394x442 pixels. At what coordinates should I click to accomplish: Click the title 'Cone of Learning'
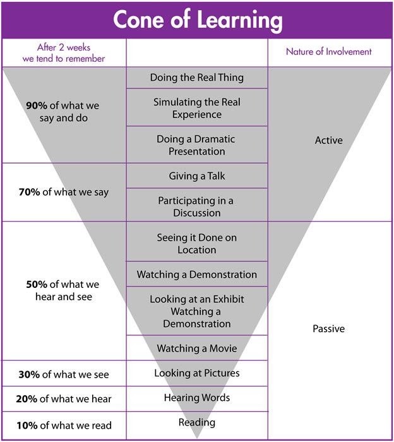coord(198,20)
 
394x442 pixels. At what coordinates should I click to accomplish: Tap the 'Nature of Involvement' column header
coord(328,52)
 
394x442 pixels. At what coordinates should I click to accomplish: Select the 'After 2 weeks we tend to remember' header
coord(64,52)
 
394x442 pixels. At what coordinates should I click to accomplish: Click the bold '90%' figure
coord(37,105)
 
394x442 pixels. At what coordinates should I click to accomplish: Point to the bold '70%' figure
coord(29,192)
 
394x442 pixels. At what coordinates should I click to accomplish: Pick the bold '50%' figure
coord(37,284)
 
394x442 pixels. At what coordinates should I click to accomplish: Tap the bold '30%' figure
coord(29,374)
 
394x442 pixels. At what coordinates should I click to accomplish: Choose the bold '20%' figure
coord(27,399)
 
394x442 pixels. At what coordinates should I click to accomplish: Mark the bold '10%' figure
coord(27,426)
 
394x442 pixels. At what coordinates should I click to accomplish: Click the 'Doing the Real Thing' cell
coord(197,78)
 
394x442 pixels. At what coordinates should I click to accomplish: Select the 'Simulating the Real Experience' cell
coord(197,108)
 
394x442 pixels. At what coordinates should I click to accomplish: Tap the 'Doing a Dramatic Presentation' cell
coord(197,145)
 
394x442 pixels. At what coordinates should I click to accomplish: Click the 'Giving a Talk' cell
coord(197,176)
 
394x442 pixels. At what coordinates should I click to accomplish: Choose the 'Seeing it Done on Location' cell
coord(197,244)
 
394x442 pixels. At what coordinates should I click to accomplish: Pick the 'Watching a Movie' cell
coord(197,348)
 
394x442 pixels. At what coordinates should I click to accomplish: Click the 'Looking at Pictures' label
coord(197,373)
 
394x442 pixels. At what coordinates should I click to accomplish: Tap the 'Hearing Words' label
coord(197,398)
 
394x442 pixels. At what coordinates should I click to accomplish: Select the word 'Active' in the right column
coord(329,140)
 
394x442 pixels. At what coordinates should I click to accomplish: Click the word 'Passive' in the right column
coord(329,329)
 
